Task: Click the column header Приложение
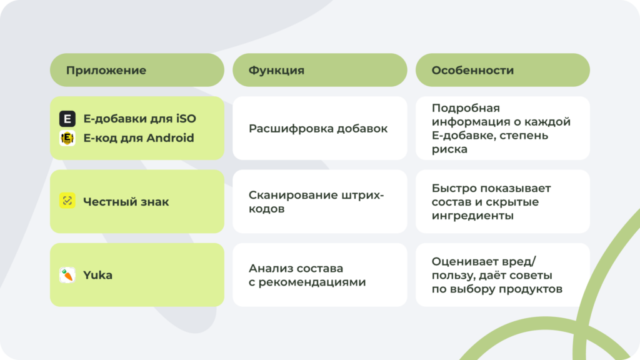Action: [x=106, y=70]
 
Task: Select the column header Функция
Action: [x=276, y=70]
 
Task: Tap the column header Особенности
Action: [x=472, y=70]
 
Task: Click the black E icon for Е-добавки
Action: [x=67, y=118]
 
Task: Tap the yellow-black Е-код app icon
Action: [x=67, y=138]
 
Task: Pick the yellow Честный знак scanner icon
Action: [x=67, y=201]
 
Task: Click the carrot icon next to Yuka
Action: [x=67, y=275]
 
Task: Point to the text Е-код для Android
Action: [x=139, y=138]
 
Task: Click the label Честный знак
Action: [x=126, y=201]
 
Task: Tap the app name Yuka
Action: [x=98, y=275]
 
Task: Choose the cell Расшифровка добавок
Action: [x=318, y=128]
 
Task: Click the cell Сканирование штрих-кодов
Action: [x=316, y=202]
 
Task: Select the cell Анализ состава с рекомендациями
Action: [x=307, y=275]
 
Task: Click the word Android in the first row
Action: [x=170, y=138]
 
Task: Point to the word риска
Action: [x=449, y=149]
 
